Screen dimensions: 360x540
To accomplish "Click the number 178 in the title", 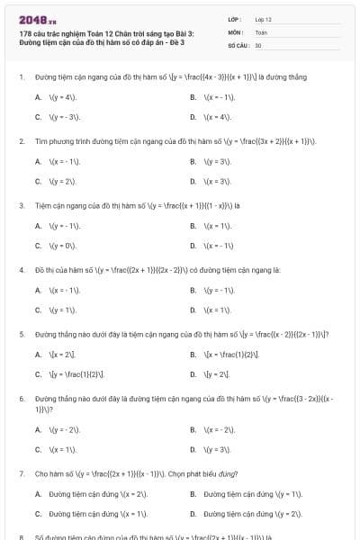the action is (x=25, y=33).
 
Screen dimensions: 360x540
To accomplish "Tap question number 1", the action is (x=21, y=77).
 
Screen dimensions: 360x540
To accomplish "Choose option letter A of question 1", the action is (x=38, y=97).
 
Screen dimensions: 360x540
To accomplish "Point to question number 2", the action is (x=21, y=141).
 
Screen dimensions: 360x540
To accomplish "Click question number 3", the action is (x=21, y=205).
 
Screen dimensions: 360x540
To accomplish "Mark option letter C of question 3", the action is (x=38, y=245).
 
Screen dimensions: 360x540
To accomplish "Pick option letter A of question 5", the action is (x=38, y=354).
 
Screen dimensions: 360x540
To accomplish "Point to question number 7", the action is (x=21, y=473).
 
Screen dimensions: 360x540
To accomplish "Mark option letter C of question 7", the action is (x=38, y=513).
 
